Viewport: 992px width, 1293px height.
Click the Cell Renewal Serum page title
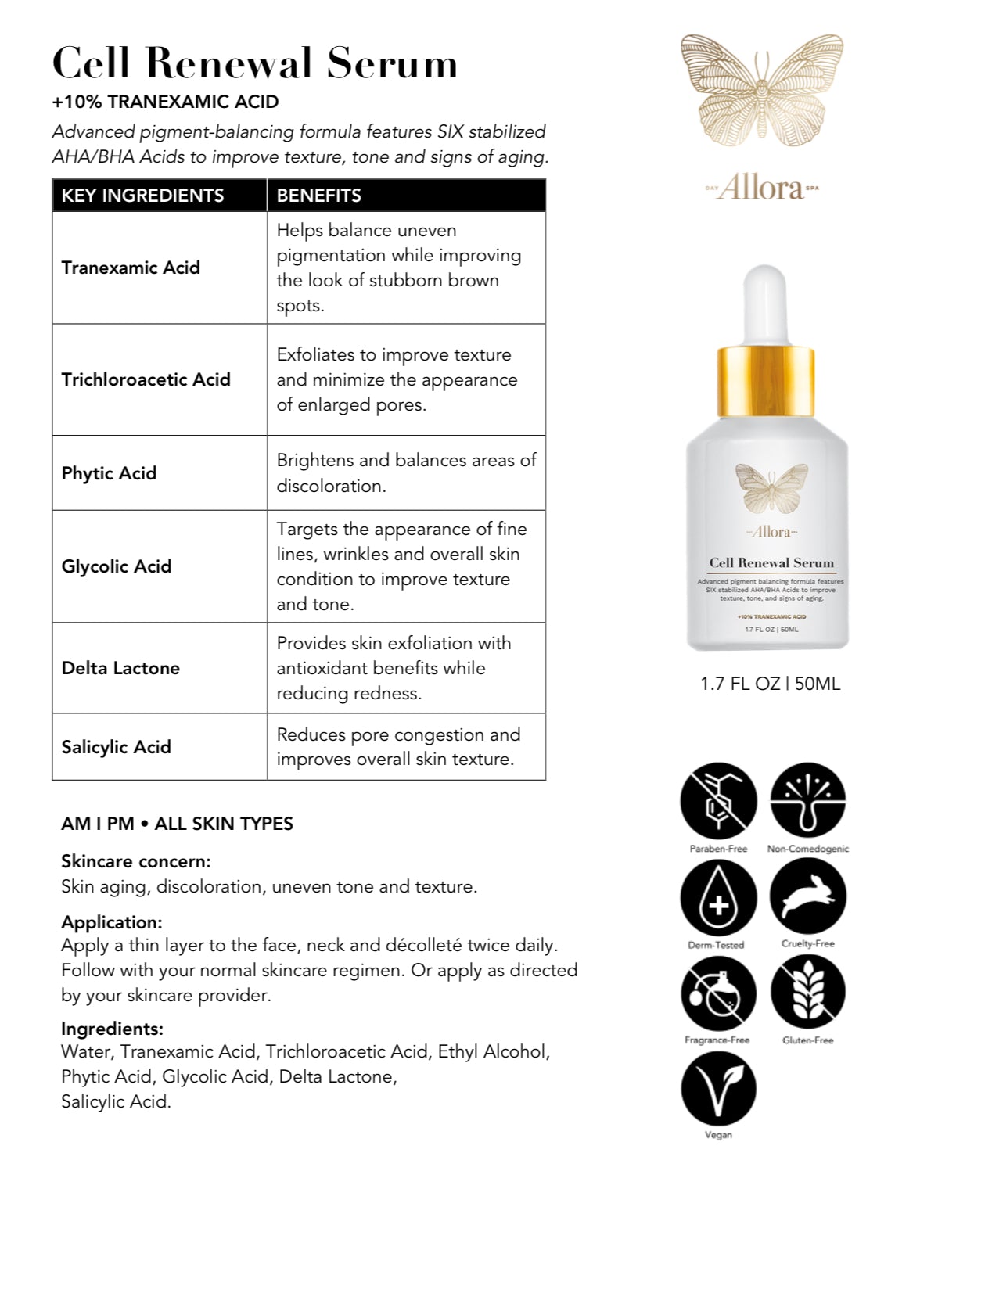coord(255,63)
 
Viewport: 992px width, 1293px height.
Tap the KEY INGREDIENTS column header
coord(142,196)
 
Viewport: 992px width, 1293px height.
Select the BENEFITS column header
coord(319,196)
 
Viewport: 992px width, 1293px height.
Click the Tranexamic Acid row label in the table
coord(131,268)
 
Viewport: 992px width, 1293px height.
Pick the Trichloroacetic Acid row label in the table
coord(146,379)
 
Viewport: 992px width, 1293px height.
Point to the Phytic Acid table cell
coord(109,473)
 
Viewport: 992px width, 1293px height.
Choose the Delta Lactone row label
coord(120,668)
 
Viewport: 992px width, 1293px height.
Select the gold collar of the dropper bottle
coord(767,381)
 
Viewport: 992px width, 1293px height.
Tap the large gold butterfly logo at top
coord(762,91)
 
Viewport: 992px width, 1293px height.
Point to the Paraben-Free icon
coord(718,802)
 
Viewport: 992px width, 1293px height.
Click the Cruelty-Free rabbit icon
coord(807,896)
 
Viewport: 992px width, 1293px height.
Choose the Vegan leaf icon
coord(718,1089)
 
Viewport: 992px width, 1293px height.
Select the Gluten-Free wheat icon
coord(807,993)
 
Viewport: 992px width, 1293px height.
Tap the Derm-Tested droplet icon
coord(718,898)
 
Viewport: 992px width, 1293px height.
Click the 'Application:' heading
coord(112,922)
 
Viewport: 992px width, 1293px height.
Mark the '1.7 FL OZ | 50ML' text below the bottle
coord(770,684)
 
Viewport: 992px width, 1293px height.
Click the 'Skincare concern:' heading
coord(136,862)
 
